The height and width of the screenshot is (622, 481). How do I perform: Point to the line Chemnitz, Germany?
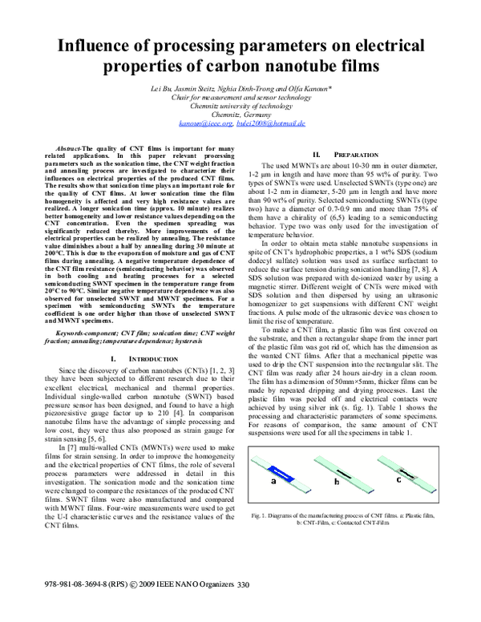[240, 115]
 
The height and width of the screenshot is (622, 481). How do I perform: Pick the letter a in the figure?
[274, 483]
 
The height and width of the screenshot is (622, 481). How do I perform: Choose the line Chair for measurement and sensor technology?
[240, 96]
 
